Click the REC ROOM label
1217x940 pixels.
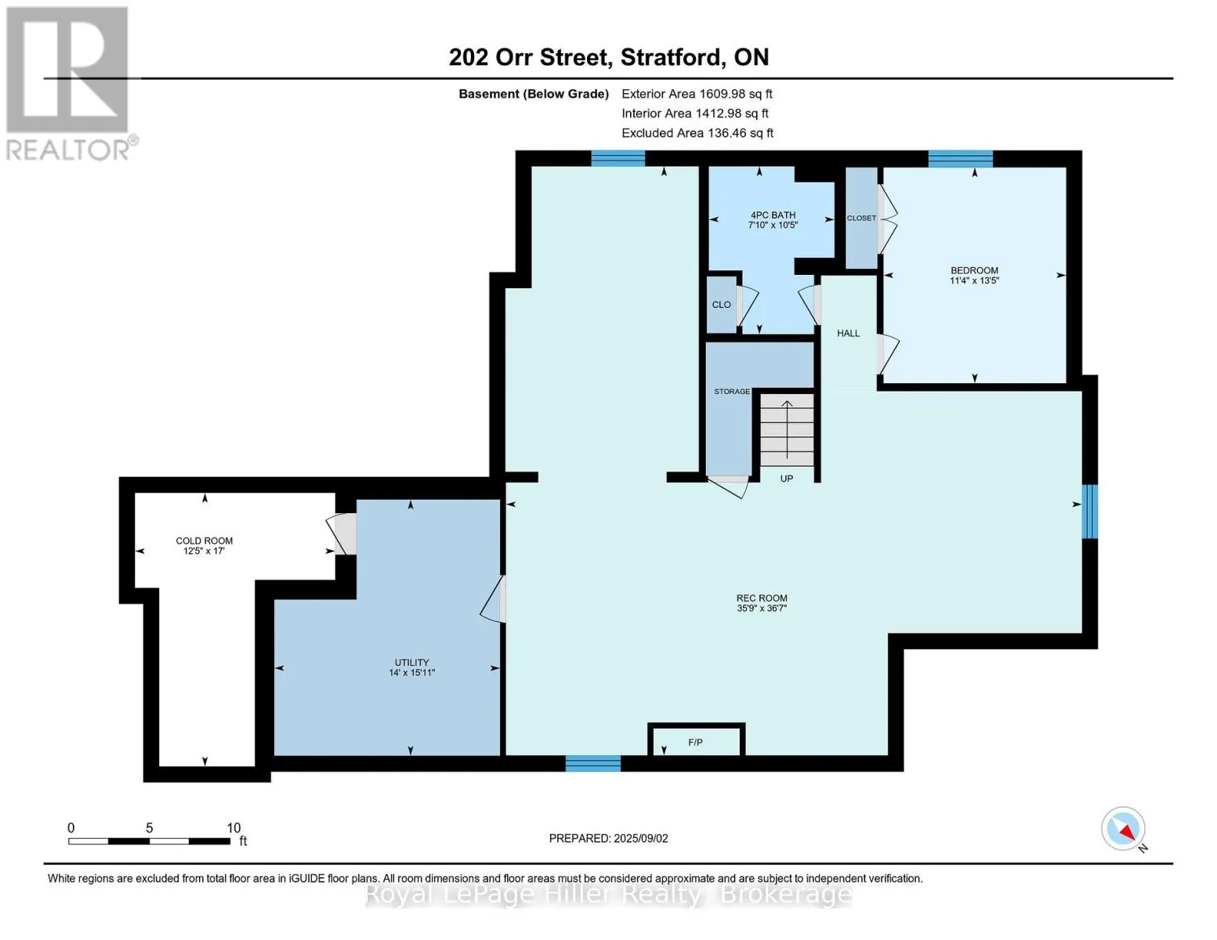(762, 598)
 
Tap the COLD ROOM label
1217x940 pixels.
(204, 540)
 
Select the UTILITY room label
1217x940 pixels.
(411, 663)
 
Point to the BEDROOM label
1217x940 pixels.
(974, 270)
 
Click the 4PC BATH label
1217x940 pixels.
(773, 215)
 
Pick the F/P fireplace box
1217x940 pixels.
(696, 740)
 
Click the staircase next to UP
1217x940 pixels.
(786, 429)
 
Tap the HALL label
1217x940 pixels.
(848, 333)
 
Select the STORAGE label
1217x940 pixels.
(732, 392)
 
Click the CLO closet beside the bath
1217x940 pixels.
(722, 305)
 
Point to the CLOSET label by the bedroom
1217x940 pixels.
(861, 218)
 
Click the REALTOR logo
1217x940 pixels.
(70, 83)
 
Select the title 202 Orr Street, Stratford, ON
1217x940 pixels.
(609, 57)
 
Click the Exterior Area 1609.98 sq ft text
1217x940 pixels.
(697, 94)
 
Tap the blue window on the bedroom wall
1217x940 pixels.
(961, 159)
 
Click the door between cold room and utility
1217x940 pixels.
(342, 533)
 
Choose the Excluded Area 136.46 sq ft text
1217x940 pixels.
(697, 133)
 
